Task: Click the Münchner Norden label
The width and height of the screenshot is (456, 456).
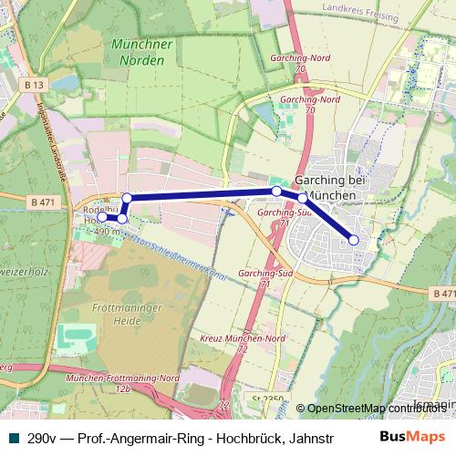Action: pos(140,53)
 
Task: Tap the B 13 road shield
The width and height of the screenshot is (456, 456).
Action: pos(35,85)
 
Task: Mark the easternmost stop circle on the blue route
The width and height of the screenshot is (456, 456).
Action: pos(354,240)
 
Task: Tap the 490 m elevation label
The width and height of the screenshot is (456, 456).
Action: pos(107,233)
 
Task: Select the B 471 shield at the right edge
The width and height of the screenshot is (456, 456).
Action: pos(442,294)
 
